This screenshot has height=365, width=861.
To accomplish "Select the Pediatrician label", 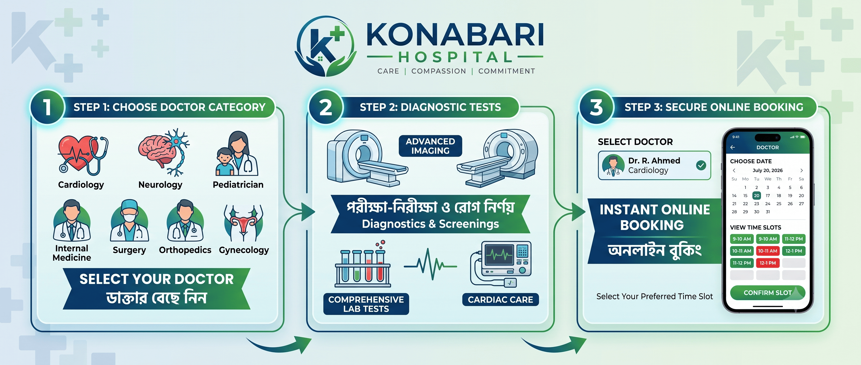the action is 238,185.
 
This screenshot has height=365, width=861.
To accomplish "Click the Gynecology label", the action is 244,250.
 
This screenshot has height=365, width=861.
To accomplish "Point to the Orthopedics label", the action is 185,250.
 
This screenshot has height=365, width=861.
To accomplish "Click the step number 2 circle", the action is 326,107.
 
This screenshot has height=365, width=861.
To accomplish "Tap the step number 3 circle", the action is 596,107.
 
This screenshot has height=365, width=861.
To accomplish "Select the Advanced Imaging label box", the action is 430,146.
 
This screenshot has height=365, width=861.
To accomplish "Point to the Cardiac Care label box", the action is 500,300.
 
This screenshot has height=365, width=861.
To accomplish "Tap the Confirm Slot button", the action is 768,293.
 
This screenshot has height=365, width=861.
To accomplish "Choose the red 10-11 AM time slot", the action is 768,251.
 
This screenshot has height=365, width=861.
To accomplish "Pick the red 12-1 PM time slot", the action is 768,263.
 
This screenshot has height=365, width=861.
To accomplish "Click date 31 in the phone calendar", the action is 768,212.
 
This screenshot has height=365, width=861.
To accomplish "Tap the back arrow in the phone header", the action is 733,147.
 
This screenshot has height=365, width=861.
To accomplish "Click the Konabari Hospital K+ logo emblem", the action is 325,46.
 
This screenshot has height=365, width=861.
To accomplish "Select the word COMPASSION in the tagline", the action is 439,71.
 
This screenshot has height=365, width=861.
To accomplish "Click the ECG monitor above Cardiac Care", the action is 501,264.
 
